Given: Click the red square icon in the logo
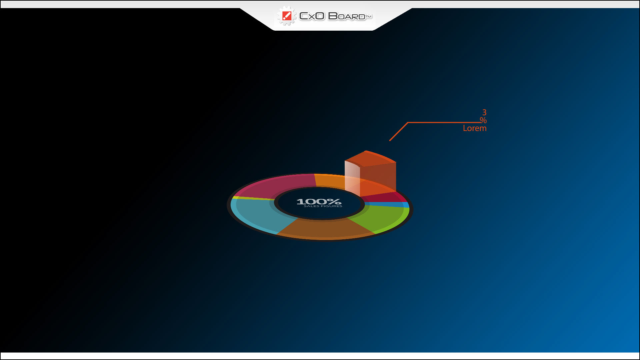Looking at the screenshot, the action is click(x=287, y=16).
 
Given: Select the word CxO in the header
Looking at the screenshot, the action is click(x=312, y=16).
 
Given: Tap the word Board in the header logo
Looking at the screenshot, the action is click(x=347, y=16).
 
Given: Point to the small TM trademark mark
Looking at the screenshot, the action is click(x=369, y=16).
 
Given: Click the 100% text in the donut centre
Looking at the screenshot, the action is click(x=319, y=201).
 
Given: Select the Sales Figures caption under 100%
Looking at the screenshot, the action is click(x=323, y=206).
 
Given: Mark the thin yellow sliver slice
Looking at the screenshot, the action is click(x=253, y=198).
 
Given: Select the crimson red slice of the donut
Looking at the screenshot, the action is click(x=383, y=197).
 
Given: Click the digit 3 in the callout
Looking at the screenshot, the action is click(x=484, y=112).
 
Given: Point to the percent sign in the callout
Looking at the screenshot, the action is click(x=483, y=120).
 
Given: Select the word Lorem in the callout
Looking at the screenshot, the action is click(x=475, y=128).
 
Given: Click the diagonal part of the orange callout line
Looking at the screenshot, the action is click(x=399, y=132).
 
